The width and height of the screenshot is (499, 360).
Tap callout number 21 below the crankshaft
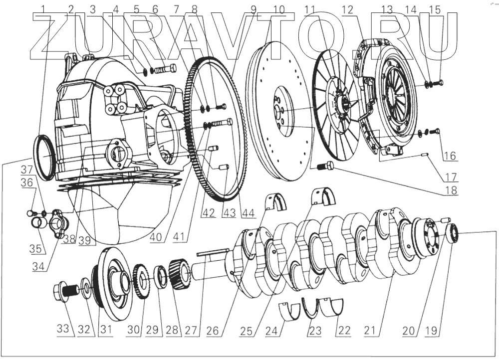coord(369,331)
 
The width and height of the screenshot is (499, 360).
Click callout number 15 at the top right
coord(435,9)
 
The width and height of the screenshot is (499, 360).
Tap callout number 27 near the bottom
coord(191,330)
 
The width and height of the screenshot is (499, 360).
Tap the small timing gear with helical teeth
coord(178,274)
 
